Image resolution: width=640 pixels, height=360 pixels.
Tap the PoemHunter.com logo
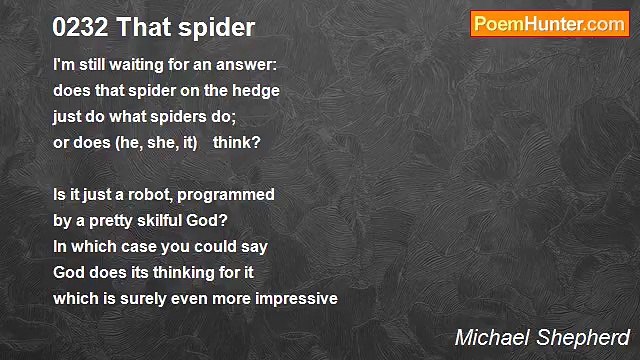tap(549, 24)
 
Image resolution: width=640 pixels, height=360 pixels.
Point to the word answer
tap(248, 65)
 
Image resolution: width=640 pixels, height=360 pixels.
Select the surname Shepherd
tap(585, 337)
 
